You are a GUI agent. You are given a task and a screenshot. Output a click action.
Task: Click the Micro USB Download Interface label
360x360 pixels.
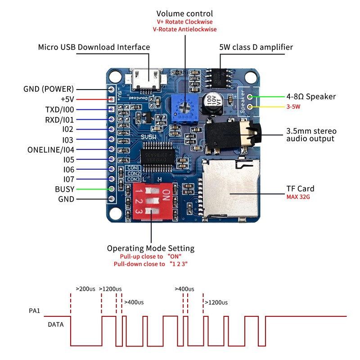94,47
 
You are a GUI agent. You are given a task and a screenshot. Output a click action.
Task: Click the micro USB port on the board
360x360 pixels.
145,80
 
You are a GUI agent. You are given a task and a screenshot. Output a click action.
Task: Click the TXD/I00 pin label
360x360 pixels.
59,109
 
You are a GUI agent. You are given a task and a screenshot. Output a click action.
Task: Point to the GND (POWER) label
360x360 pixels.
49,89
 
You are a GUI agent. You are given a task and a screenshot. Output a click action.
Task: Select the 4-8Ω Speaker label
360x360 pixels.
311,96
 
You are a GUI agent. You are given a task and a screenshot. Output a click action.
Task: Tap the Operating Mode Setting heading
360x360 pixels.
151,248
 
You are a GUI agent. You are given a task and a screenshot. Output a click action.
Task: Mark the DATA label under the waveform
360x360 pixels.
56,324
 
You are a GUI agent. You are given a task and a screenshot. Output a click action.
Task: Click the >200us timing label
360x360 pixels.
85,289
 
